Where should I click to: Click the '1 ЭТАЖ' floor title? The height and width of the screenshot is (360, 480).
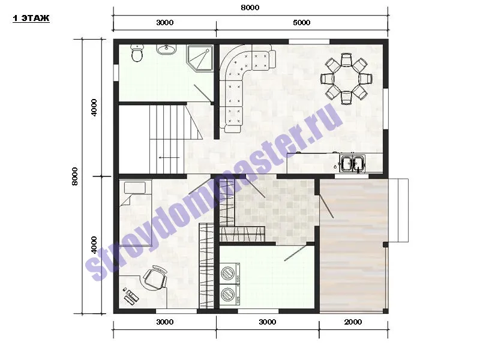click(x=31, y=19)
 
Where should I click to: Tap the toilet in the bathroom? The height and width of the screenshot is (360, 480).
click(x=137, y=53)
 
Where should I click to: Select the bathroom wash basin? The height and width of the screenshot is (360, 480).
click(x=167, y=49)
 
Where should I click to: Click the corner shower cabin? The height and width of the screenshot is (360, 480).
click(x=200, y=58)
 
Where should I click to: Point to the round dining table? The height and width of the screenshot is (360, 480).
click(x=346, y=79)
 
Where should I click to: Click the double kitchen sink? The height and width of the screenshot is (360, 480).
click(x=352, y=163)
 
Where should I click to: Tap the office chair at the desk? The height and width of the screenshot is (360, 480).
click(x=155, y=277)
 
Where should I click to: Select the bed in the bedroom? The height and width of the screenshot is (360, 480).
click(x=136, y=213)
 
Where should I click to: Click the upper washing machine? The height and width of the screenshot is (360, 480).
click(x=230, y=272)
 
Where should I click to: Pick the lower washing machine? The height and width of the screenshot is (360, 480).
click(x=230, y=295)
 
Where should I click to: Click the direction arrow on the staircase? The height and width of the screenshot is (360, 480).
click(x=169, y=158)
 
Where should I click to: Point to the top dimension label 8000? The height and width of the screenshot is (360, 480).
click(x=250, y=8)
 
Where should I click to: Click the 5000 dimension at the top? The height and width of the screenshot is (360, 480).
click(x=302, y=23)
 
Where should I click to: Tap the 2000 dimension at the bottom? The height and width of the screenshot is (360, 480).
click(x=353, y=322)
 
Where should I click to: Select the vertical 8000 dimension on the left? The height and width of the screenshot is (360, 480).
click(x=74, y=176)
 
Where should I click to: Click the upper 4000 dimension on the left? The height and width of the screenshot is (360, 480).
click(x=94, y=107)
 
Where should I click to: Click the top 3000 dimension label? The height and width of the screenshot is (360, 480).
click(x=164, y=23)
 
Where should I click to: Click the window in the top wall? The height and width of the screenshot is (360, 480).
click(x=309, y=42)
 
